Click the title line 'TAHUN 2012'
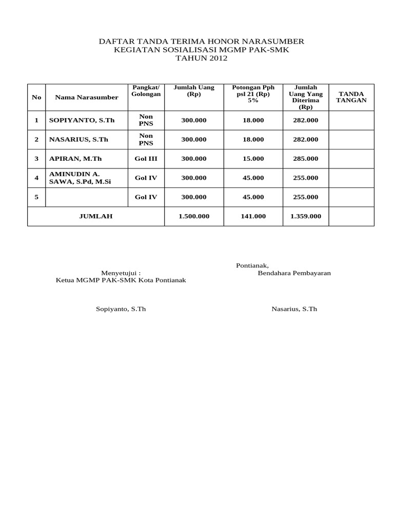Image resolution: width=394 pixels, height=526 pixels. tap(201, 59)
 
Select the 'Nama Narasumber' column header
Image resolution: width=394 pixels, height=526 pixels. tap(87, 97)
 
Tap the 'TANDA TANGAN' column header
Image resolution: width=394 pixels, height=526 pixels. tap(351, 97)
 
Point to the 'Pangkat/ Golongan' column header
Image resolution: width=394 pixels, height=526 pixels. tap(146, 91)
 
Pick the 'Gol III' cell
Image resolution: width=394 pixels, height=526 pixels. tap(146, 159)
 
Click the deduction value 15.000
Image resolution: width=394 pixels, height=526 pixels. tap(253, 159)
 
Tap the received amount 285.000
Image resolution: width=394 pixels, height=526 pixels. tap(306, 159)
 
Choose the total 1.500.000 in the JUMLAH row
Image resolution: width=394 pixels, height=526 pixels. tap(194, 216)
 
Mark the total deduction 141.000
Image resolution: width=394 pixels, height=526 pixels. tap(253, 216)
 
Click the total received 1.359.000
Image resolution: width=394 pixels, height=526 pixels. tap(306, 216)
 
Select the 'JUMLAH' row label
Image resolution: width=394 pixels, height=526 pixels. tap(95, 216)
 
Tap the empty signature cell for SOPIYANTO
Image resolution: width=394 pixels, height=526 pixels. tap(351, 120)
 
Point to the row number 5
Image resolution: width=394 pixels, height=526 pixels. tap(36, 197)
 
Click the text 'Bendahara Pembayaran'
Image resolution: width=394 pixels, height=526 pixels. tap(294, 273)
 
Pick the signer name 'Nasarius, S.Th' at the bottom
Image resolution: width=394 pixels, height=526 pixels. tap(294, 309)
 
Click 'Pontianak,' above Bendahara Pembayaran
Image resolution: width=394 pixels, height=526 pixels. tap(252, 265)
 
